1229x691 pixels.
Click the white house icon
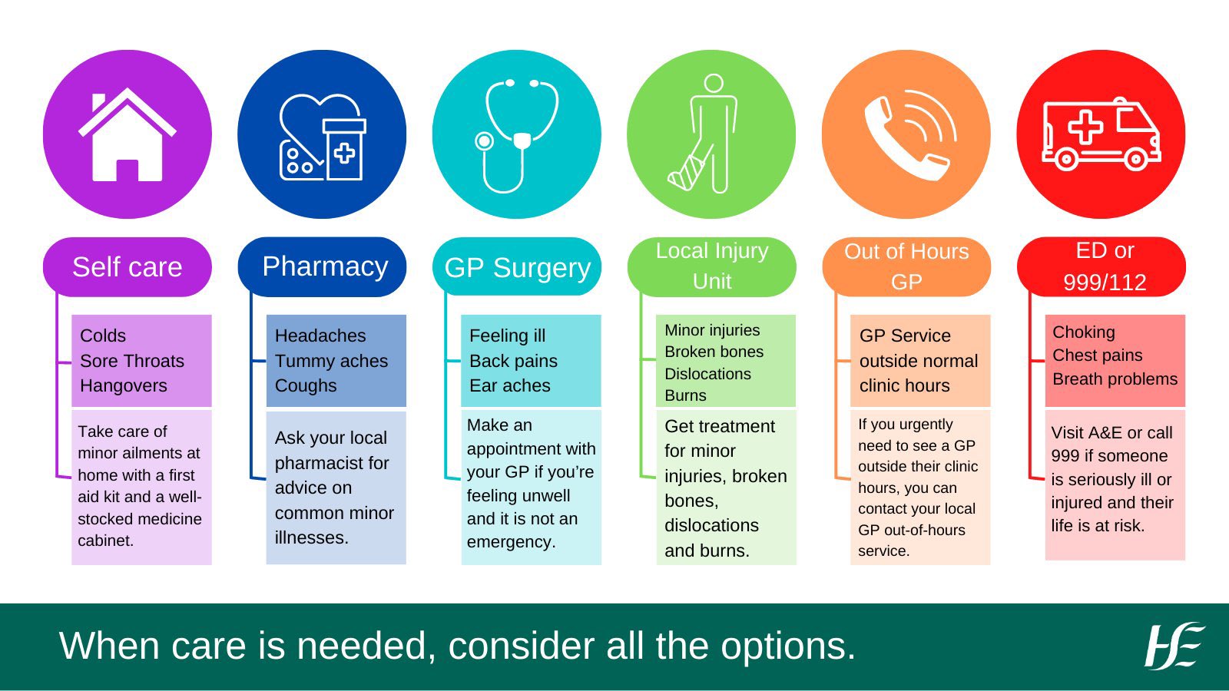128,137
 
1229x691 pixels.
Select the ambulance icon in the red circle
1101,134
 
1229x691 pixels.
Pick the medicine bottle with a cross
344,150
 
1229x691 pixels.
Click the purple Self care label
128,267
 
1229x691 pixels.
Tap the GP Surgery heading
517,267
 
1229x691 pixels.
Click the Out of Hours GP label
906,267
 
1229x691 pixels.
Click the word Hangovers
124,386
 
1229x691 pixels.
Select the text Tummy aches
331,361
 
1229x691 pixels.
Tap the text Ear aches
510,385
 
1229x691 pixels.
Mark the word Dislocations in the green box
707,373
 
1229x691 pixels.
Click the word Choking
1084,332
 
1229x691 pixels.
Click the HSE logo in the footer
1174,646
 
